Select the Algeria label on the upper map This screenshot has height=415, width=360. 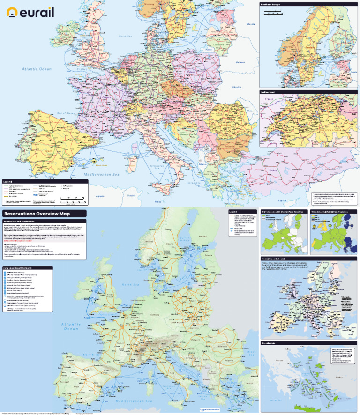click(x=100, y=195)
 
